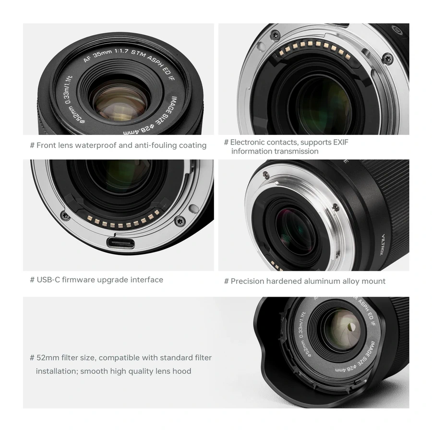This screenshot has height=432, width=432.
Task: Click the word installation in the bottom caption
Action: coord(57,371)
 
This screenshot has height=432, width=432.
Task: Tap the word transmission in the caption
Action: coord(296,151)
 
